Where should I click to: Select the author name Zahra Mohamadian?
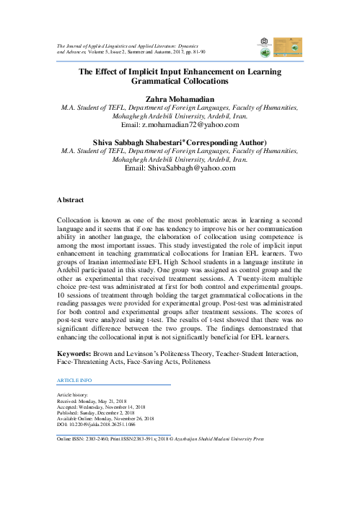180,97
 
